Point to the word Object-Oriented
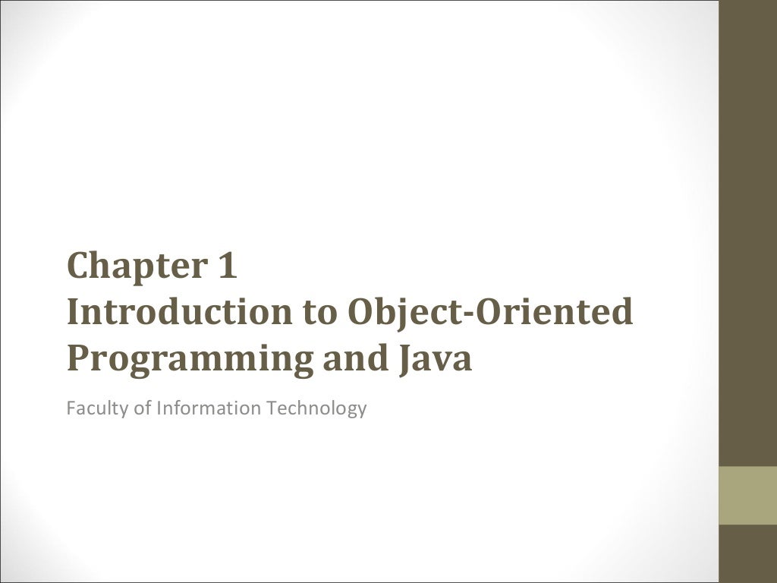[x=490, y=313]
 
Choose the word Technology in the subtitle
[x=316, y=408]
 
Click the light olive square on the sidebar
[x=747, y=495]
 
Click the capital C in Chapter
[x=79, y=266]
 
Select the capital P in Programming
[x=77, y=358]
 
